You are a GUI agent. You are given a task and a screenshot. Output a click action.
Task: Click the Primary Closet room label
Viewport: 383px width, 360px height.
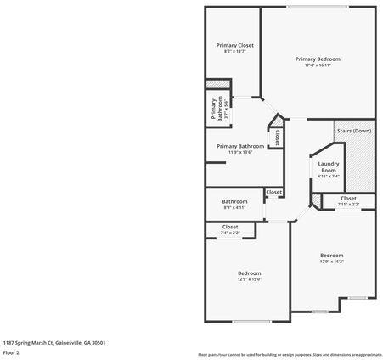[x=234, y=45]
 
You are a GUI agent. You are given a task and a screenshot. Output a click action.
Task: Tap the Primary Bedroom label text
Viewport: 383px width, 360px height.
[x=318, y=59]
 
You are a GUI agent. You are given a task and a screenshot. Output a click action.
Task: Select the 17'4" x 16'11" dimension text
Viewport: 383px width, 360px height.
[x=318, y=65]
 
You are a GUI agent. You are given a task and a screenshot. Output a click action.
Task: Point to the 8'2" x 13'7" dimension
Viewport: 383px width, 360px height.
[x=234, y=52]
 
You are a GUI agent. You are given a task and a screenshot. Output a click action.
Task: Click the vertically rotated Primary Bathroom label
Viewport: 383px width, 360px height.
[x=214, y=110]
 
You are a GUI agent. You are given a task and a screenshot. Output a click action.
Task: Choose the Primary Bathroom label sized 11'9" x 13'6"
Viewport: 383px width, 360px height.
[x=239, y=146]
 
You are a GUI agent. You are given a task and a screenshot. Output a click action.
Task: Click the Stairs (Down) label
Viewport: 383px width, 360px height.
[x=354, y=131]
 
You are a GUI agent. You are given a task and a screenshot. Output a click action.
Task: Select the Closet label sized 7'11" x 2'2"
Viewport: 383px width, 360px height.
[x=348, y=198]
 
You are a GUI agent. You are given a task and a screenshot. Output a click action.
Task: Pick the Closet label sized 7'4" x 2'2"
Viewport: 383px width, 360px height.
[x=230, y=227]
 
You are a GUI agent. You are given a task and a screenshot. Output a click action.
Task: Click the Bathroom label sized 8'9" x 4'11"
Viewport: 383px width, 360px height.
[x=234, y=201]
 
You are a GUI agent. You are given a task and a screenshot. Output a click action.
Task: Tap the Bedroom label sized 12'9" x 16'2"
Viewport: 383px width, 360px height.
[x=331, y=255]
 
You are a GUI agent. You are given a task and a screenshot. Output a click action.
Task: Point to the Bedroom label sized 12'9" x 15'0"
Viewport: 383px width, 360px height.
[x=249, y=273]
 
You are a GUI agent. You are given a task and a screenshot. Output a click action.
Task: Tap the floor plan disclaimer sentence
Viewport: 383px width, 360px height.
[x=289, y=354]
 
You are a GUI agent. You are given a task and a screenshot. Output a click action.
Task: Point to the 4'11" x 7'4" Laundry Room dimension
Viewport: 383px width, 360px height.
[x=328, y=177]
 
